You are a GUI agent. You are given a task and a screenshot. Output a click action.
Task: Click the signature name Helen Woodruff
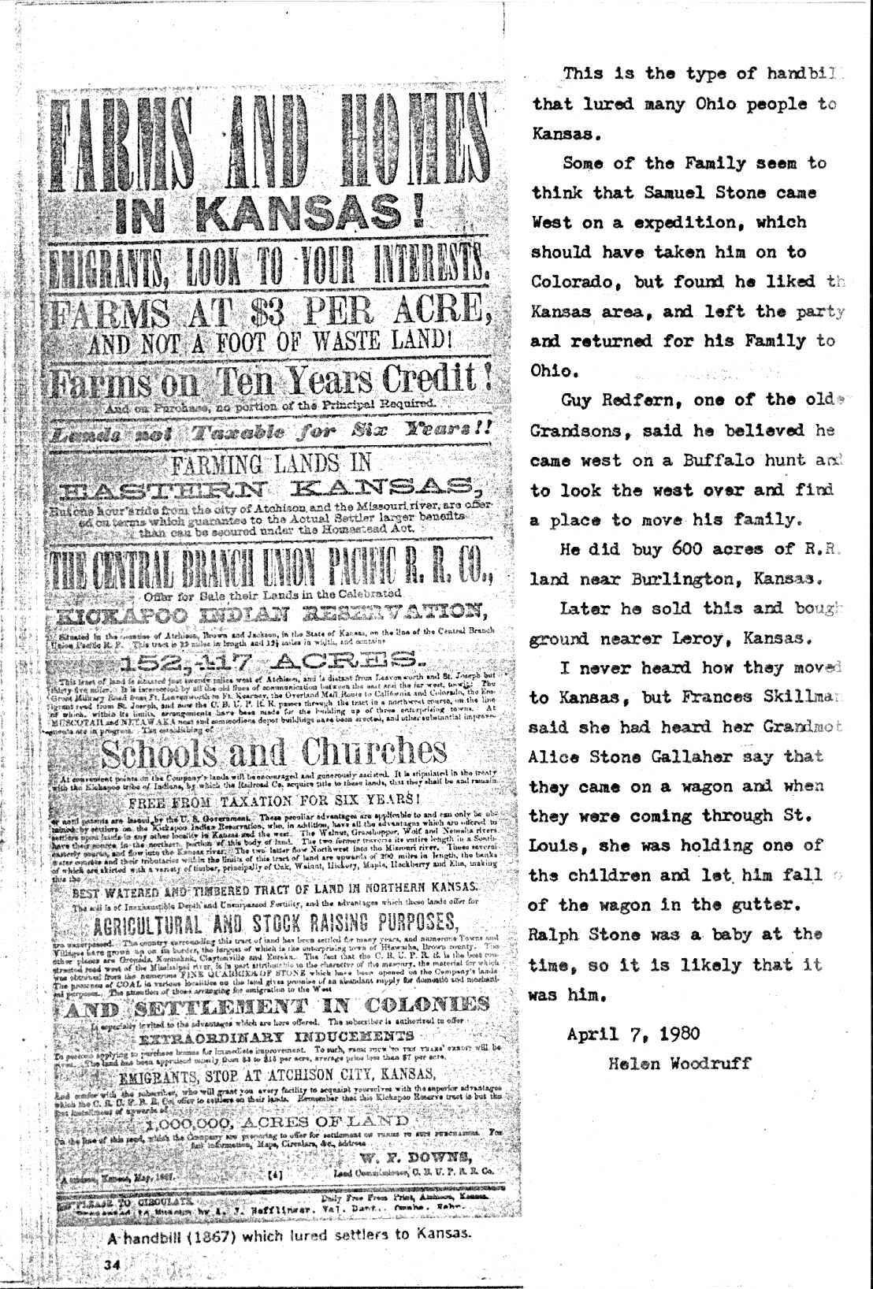point(680,1063)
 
